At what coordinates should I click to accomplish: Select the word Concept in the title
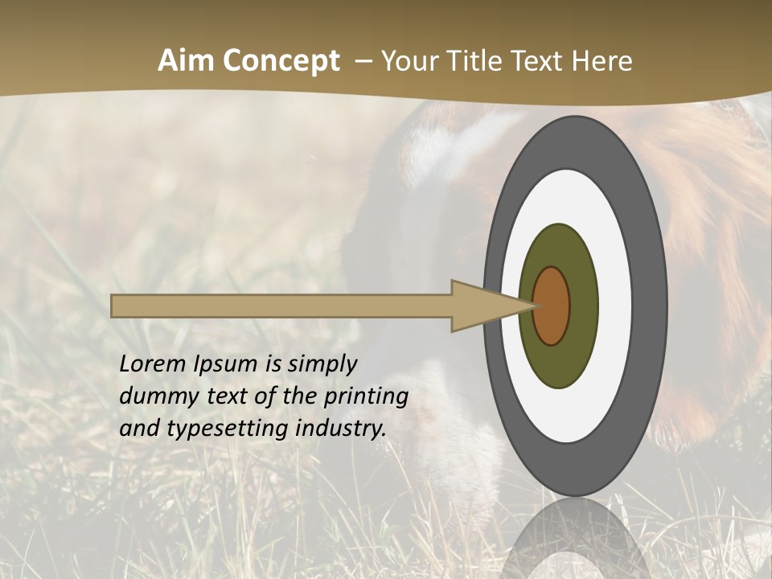pos(281,61)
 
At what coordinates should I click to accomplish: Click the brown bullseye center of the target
pos(552,306)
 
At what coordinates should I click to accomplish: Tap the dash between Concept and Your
pos(363,61)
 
